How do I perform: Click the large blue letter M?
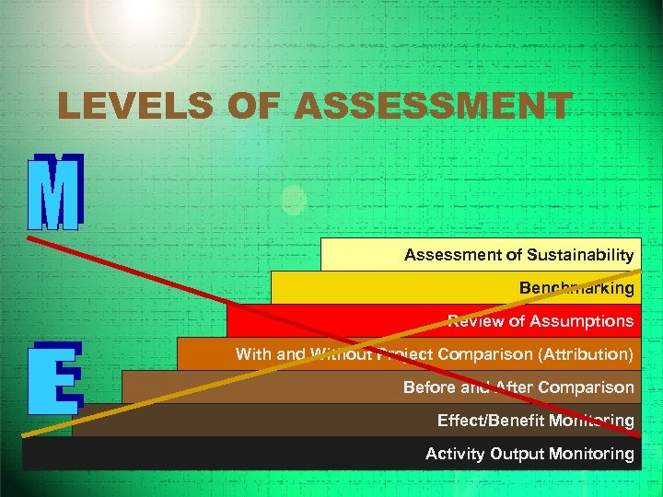[55, 191]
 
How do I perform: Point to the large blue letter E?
[55, 377]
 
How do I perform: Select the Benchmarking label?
[576, 288]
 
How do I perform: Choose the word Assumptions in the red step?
[584, 321]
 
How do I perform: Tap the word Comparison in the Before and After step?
[587, 387]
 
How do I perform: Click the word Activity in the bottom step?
[454, 454]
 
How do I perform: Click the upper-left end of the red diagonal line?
[29, 238]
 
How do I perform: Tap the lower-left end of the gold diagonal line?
[25, 433]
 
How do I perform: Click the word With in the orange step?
[252, 354]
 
